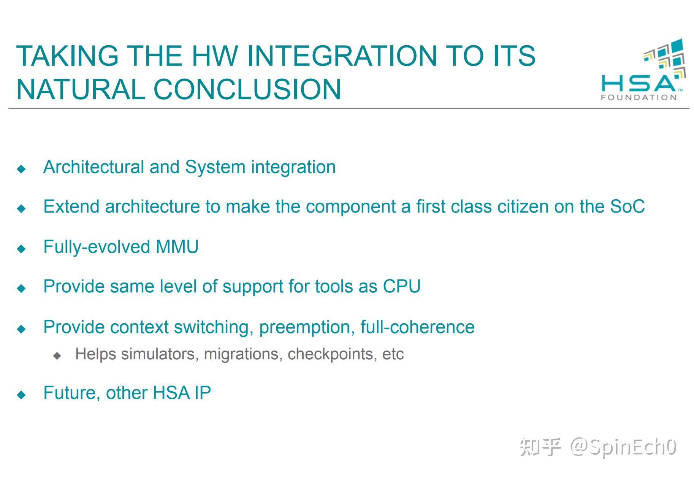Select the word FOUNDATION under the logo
pos(639,98)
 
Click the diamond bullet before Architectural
pos(22,168)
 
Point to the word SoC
pos(627,207)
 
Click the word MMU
pos(177,247)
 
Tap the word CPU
pos(401,286)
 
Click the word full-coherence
pos(417,327)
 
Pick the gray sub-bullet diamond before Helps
pos(57,356)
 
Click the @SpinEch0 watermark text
pos(623,447)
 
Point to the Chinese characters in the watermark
pos(540,447)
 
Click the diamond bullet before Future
pos(22,395)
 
